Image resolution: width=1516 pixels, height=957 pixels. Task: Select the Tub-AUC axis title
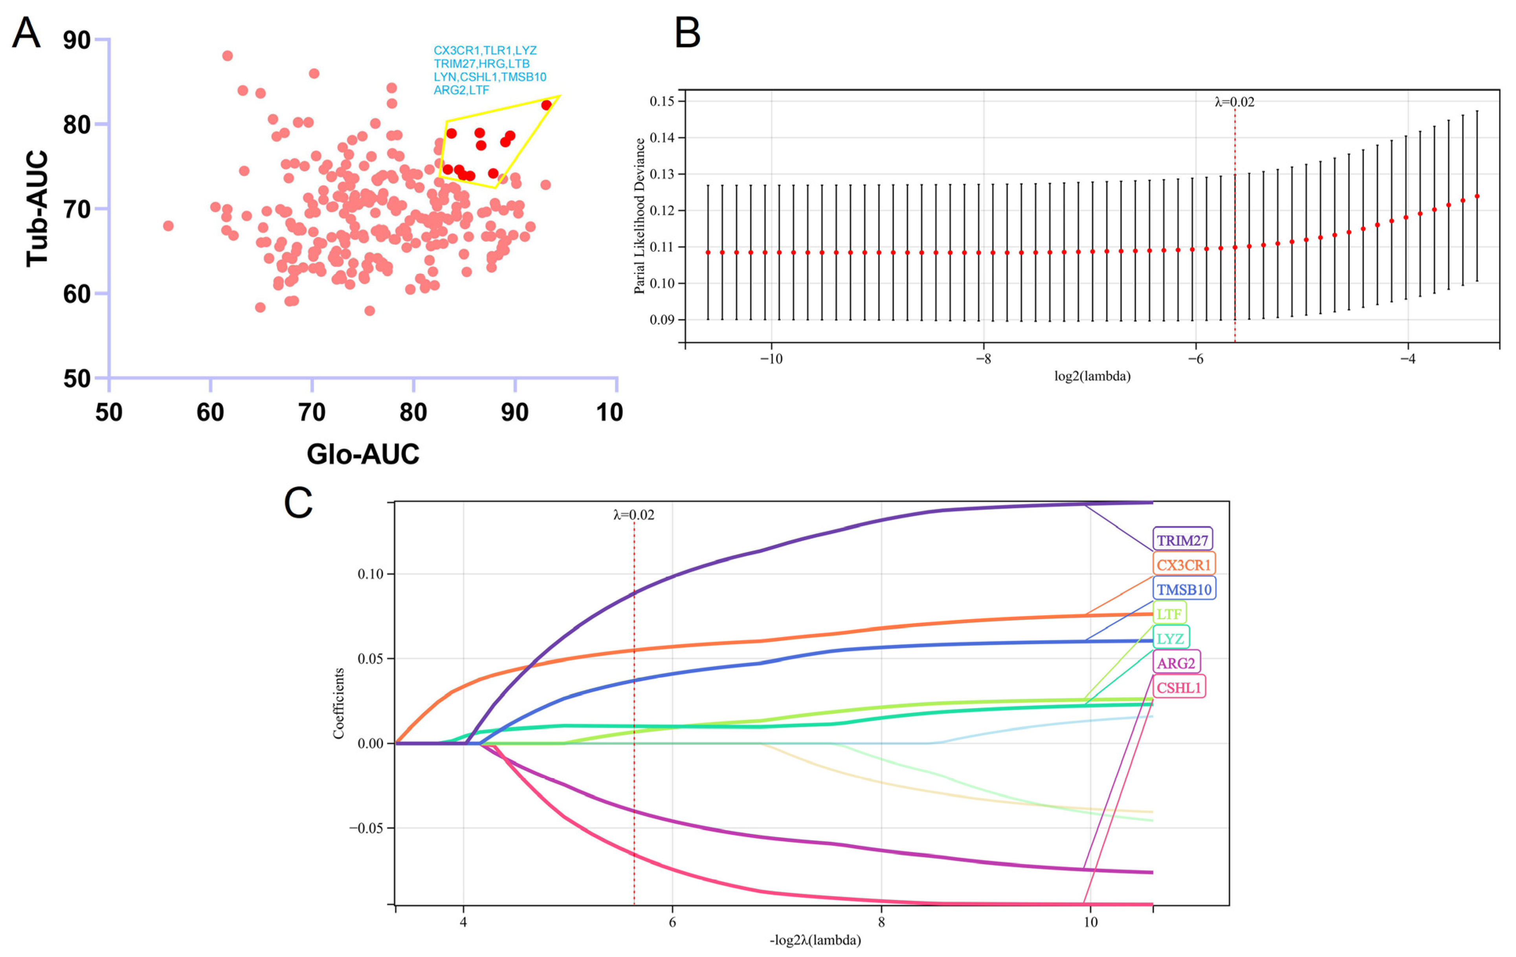coord(37,208)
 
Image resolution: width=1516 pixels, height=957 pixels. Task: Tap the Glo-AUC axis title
coord(363,454)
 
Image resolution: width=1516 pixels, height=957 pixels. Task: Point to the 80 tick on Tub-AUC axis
coord(77,125)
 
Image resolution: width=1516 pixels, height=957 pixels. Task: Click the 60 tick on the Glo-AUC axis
coord(210,412)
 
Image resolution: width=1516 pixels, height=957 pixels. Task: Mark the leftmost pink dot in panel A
coord(168,226)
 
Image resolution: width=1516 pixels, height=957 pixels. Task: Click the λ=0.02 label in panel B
coord(1234,102)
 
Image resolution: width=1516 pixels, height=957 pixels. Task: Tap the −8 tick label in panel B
coord(983,359)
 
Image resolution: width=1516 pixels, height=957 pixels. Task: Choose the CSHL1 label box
coord(1178,687)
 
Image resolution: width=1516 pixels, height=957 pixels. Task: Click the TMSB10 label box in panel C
coord(1184,589)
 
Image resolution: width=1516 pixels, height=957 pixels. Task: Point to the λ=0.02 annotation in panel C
coord(633,515)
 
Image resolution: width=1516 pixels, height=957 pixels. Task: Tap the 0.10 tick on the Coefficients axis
coord(370,574)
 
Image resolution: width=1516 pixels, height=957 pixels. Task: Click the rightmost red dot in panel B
coord(1477,196)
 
